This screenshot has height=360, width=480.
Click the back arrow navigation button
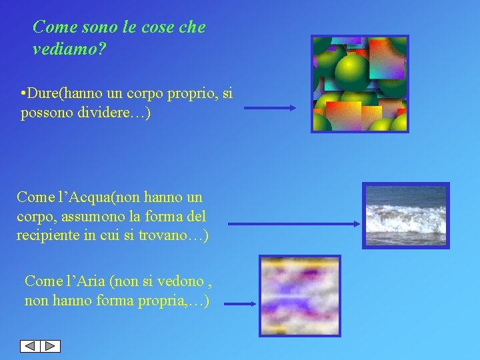coord(30,346)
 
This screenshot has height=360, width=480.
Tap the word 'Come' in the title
coord(52,27)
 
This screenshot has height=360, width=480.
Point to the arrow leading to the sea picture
coord(293,225)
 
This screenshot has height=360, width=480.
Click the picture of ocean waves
coord(405,215)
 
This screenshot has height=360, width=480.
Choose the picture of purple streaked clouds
coord(299,295)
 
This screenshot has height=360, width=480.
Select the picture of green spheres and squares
coord(360,84)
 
